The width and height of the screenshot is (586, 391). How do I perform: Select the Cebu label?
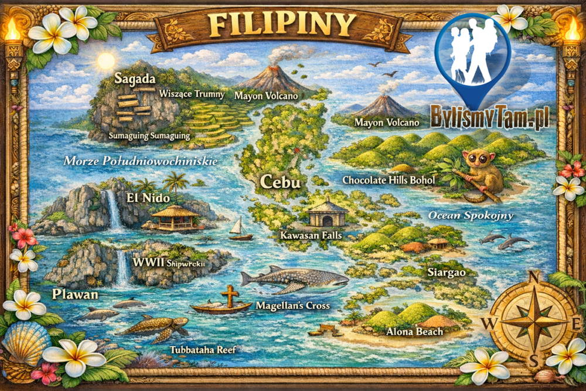click(x=281, y=182)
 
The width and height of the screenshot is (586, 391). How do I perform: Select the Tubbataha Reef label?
click(x=203, y=350)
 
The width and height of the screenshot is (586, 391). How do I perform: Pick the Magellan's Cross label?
click(x=292, y=305)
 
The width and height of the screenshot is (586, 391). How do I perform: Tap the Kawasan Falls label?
click(x=311, y=235)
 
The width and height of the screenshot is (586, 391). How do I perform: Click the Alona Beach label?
click(x=414, y=332)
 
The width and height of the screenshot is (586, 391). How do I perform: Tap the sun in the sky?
click(x=106, y=60)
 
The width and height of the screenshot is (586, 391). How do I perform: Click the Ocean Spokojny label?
click(x=471, y=215)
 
